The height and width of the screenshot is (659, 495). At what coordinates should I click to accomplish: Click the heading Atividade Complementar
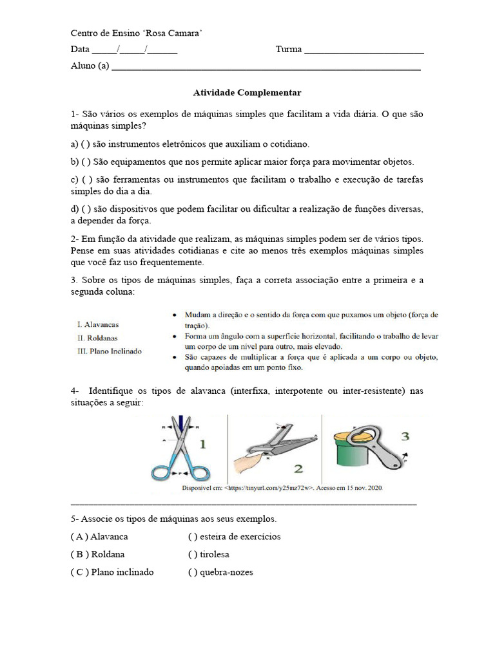coord(247,93)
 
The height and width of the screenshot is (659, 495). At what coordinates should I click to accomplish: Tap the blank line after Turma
coord(364,50)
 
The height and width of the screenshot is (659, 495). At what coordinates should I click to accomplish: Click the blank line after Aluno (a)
coord(266,66)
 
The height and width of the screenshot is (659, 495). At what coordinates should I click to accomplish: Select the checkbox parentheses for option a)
coord(86,144)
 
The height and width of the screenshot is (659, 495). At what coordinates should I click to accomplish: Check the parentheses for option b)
coord(86,162)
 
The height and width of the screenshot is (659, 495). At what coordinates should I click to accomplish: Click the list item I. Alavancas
coord(97,324)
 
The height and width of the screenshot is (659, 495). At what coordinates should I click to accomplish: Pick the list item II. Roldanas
coord(97,338)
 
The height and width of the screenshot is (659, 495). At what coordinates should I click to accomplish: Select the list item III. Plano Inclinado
coord(109,351)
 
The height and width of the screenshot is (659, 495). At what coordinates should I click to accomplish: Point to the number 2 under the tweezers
coord(298,469)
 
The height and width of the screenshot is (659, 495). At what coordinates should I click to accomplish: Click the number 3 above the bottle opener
coord(404,436)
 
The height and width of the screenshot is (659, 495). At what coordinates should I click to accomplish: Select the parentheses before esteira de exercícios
coord(192,537)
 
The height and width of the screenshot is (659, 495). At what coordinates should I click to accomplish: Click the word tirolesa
coord(215,554)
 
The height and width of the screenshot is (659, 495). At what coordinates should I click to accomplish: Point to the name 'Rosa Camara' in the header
coord(175,33)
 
